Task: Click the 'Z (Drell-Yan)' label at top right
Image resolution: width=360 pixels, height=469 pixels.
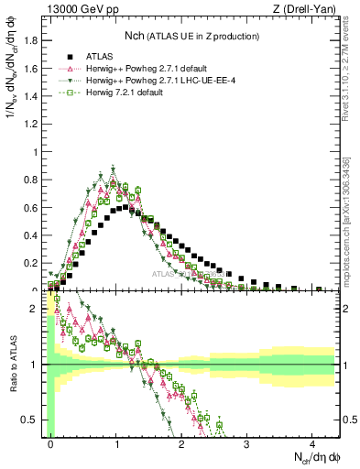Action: tap(308, 10)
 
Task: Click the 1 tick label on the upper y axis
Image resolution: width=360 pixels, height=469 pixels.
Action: tap(38, 152)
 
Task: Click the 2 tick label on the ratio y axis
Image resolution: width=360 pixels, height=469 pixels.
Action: tap(38, 309)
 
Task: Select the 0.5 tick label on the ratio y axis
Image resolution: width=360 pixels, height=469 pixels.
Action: tap(34, 420)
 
